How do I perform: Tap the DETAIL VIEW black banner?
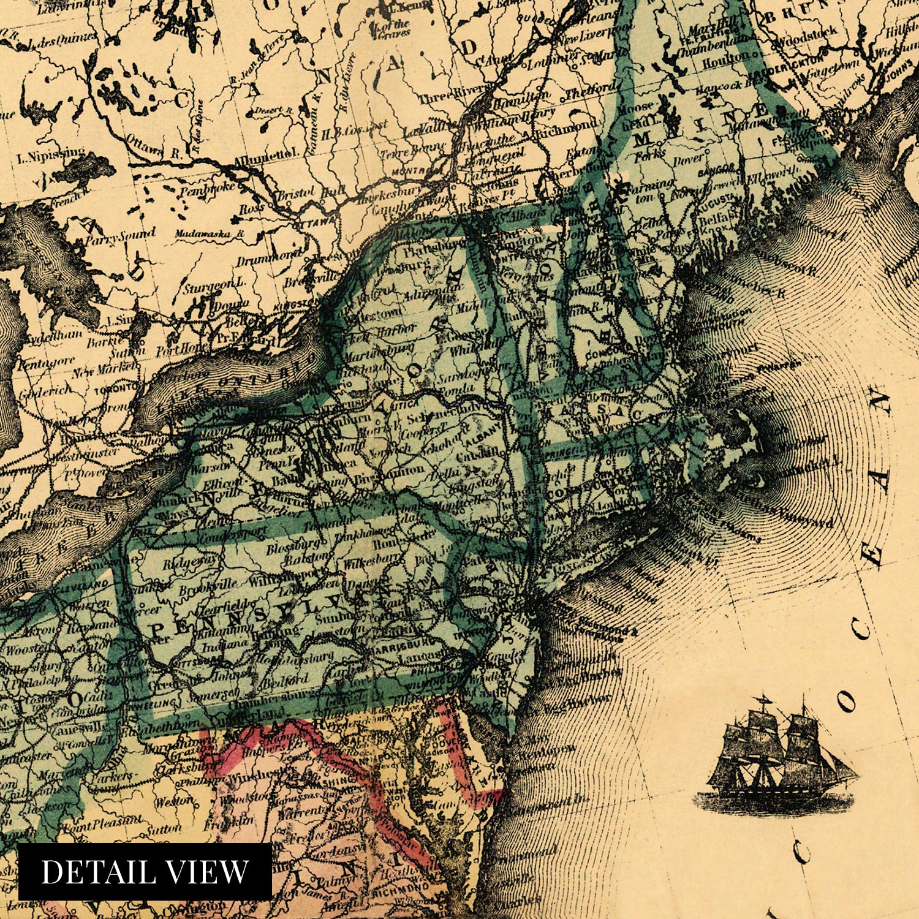tap(145, 871)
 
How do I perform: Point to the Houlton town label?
tap(725, 62)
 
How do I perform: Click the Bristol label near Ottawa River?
tap(296, 195)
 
